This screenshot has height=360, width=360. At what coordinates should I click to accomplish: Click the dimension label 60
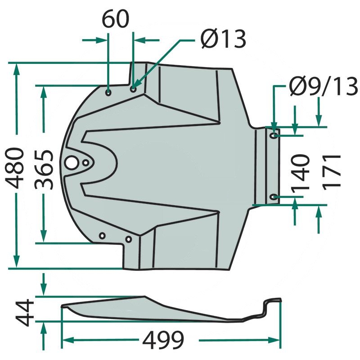point(115,19)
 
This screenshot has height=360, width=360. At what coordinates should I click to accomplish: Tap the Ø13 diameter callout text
point(223,39)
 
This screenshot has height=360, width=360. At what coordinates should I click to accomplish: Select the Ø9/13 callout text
point(324,86)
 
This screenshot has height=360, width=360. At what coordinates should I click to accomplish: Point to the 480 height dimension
point(15,168)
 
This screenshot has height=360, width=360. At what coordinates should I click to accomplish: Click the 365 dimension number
point(44,170)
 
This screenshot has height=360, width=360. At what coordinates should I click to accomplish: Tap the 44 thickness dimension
point(25,312)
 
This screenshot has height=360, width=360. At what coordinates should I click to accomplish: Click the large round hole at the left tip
point(72,163)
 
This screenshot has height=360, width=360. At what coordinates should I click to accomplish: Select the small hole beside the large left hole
point(86,163)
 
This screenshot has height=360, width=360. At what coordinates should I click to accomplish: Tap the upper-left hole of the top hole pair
point(108,93)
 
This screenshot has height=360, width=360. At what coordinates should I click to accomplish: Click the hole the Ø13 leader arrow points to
point(133,89)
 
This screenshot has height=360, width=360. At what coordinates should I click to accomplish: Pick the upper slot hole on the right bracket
point(274,135)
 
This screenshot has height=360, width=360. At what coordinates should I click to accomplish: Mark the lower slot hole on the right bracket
point(274,197)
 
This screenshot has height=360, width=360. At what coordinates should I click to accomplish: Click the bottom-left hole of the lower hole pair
point(102,235)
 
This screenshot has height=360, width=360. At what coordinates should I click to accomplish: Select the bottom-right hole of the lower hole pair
point(129,239)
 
